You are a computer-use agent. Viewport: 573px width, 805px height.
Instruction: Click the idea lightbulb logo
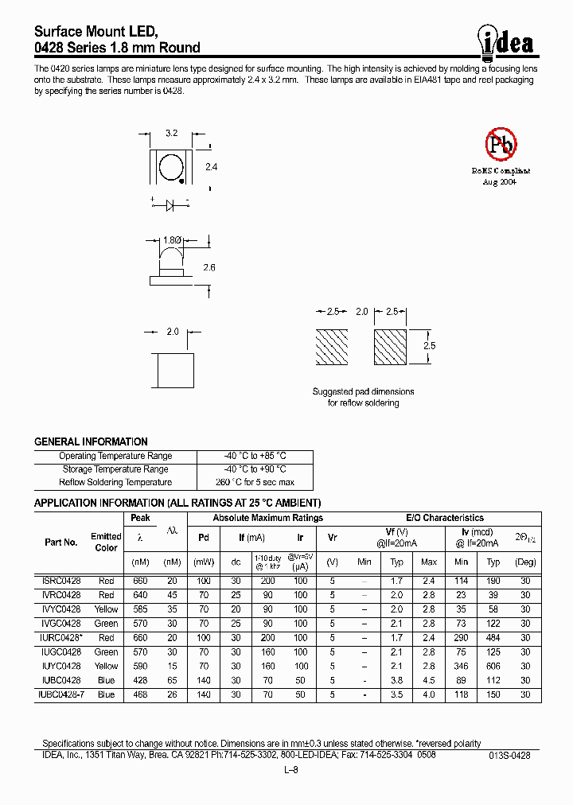507,42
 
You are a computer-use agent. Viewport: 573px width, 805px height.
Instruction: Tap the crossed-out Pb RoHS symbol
501,145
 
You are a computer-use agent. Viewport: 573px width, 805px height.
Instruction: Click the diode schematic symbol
169,204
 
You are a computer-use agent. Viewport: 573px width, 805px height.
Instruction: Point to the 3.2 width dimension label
170,134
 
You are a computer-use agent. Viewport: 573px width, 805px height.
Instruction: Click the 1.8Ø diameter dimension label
171,239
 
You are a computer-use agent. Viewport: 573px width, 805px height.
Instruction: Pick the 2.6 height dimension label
209,268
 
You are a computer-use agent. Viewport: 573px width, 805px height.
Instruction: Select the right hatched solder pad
391,347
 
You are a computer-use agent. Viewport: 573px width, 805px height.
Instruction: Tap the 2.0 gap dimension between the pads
361,312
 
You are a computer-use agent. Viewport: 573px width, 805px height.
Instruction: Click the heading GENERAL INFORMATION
91,441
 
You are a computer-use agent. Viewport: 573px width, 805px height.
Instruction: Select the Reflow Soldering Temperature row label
115,482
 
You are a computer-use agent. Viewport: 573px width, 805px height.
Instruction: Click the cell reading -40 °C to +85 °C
255,456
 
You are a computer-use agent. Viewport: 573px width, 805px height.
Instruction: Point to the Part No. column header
61,542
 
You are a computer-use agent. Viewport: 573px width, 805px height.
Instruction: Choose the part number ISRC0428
60,581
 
